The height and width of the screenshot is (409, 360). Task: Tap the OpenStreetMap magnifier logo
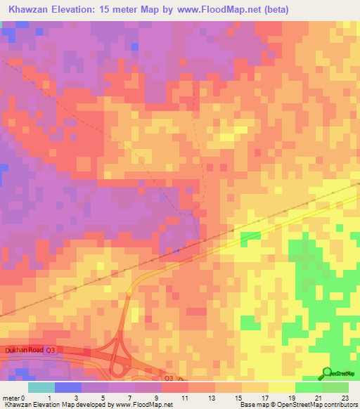[x=328, y=372]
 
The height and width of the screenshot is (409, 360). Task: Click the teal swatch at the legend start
[x=41, y=387]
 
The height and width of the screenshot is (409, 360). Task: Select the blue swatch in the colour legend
[x=68, y=387]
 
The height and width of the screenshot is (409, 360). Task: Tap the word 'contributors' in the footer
[x=340, y=405]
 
